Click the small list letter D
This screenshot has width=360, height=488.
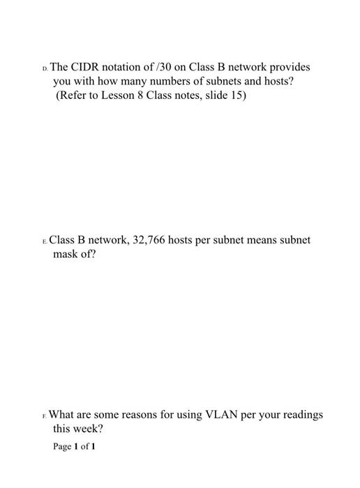coord(45,69)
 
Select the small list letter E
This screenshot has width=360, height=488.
coord(45,241)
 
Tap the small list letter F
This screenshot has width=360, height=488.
coord(45,416)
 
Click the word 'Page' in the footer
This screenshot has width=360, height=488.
coord(63,445)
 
